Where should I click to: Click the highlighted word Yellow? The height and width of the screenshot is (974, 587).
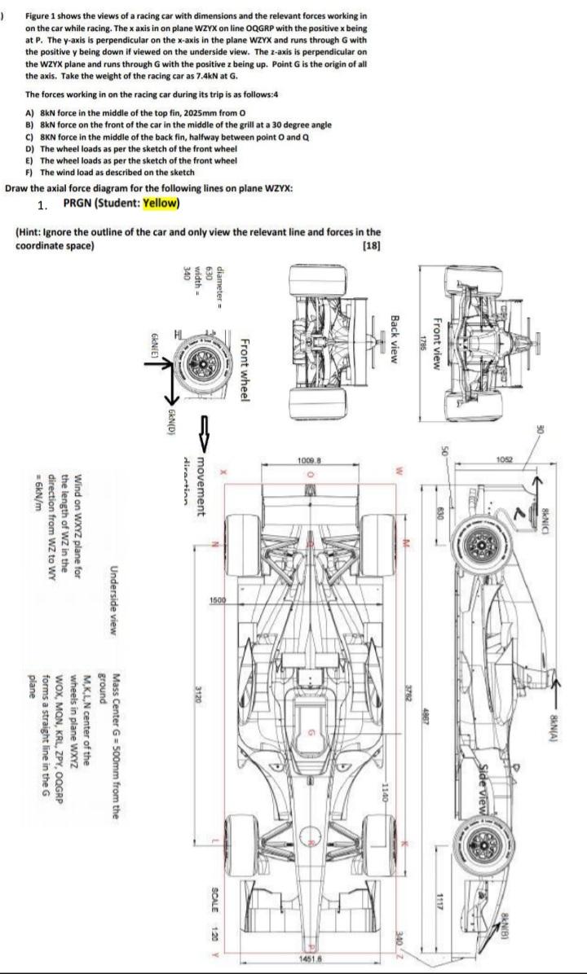(x=161, y=203)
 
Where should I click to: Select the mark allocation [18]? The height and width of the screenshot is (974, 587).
(x=370, y=245)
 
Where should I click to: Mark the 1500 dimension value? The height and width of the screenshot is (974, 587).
(x=217, y=599)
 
